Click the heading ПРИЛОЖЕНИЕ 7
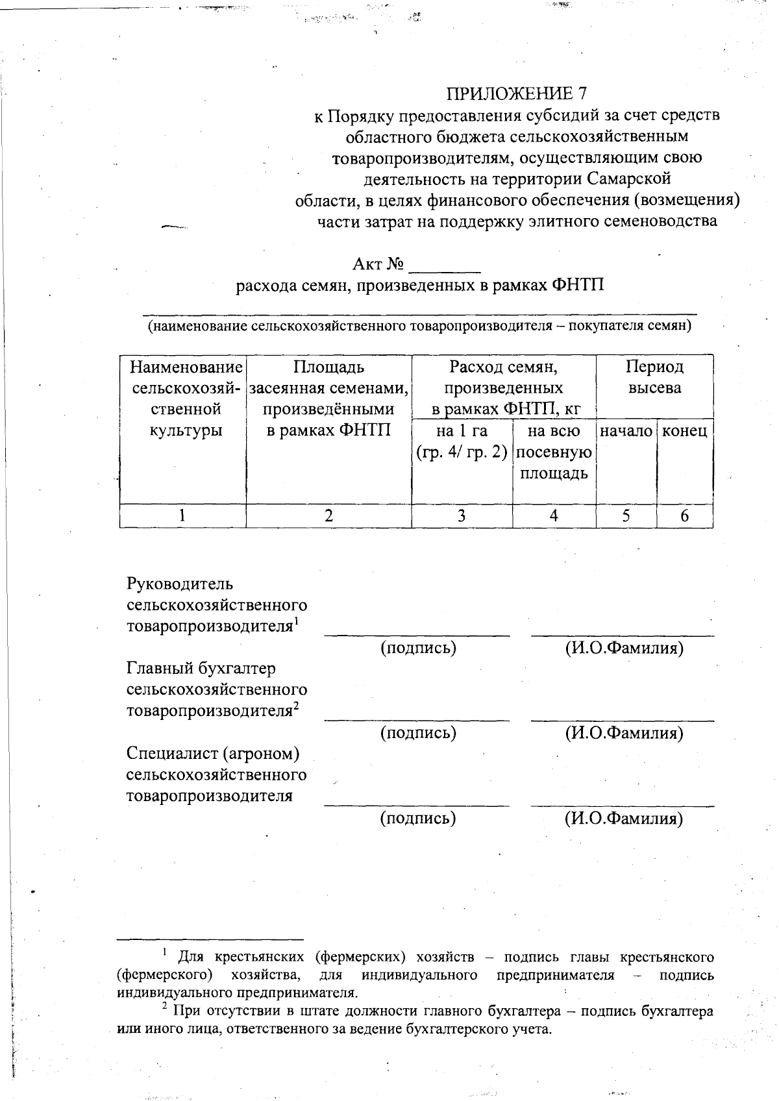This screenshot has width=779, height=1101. pos(517,94)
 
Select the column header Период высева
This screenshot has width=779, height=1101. pos(654,377)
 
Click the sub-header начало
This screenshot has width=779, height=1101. pos(626,431)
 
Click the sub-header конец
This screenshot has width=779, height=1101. pos(684,431)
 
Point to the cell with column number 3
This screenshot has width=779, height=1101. pos(461,516)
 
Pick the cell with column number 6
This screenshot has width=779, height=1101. pos(684,516)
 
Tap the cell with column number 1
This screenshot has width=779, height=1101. pos(182,516)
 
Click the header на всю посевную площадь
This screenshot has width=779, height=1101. pos(554,452)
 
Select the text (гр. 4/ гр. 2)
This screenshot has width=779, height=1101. pos(461,452)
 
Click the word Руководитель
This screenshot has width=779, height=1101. pos(180,584)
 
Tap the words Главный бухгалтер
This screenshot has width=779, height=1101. pos(201,669)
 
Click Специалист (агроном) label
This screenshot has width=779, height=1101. pos(213,754)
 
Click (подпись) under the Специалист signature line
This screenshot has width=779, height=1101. pos(417,818)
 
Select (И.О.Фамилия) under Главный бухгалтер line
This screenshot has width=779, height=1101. pos(623,734)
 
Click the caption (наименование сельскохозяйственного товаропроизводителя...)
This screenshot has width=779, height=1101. pos(419,326)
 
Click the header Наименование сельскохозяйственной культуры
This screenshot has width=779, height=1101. pos(186,398)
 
